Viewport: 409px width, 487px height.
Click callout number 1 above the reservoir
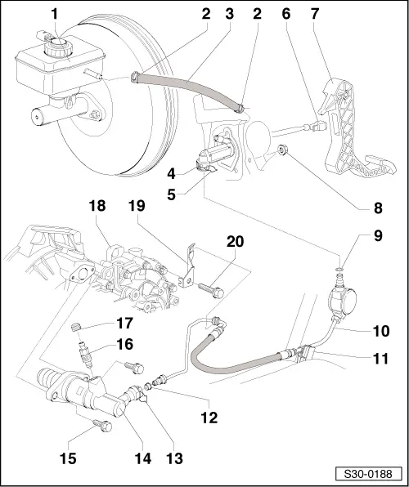[x=54, y=14]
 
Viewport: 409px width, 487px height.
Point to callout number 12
[x=210, y=418]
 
